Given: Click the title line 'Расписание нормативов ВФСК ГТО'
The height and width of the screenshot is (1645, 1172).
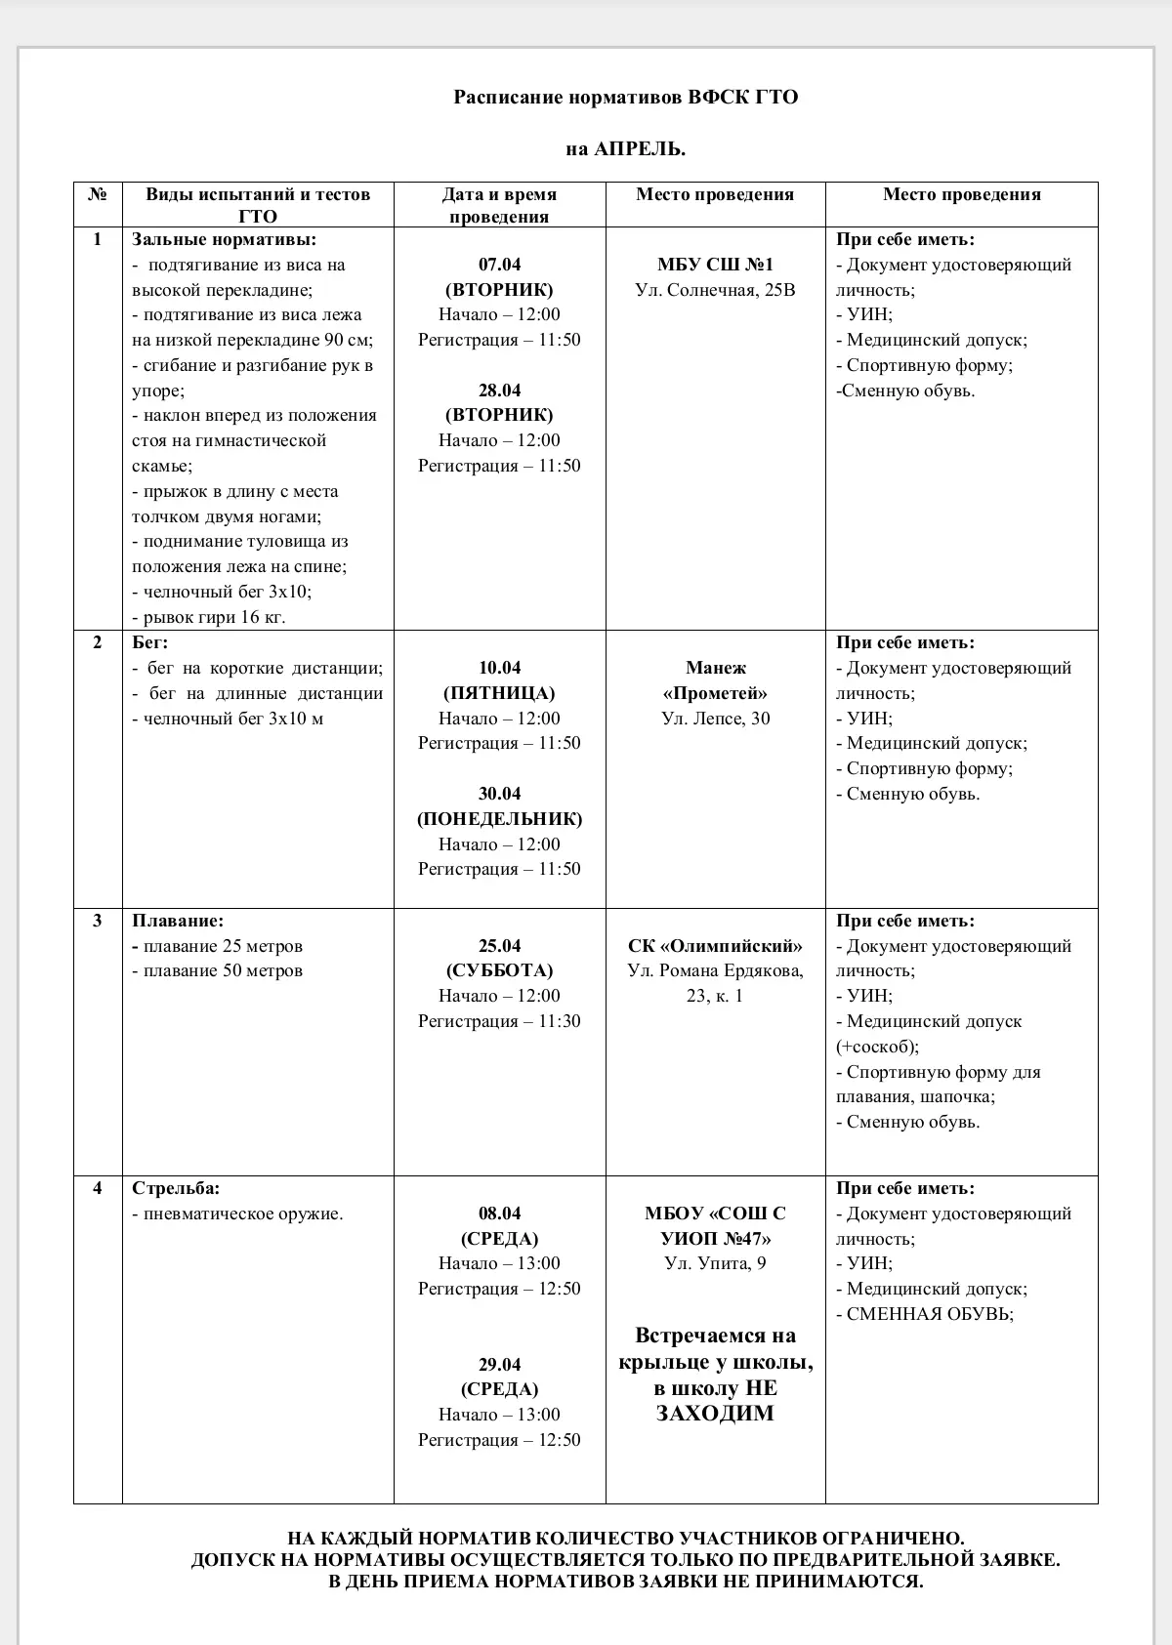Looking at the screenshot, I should [x=625, y=98].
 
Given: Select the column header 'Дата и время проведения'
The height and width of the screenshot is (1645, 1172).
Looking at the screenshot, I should [x=499, y=205].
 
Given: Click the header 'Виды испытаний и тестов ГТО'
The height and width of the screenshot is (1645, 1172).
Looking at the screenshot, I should [x=258, y=205].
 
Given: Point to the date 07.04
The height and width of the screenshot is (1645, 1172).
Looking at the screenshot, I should [x=499, y=265].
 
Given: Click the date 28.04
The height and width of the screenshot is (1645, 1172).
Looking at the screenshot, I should [x=499, y=391].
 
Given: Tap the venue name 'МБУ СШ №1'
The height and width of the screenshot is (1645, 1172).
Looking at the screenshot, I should [x=715, y=265].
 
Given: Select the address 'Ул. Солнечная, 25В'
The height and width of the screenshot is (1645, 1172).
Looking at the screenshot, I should [x=715, y=290].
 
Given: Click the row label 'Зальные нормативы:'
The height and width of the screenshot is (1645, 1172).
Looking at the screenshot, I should [x=225, y=239].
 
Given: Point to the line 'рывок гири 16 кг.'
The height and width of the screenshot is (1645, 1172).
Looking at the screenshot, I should [x=214, y=617].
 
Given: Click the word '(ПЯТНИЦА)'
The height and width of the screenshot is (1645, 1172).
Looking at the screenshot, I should [x=499, y=693].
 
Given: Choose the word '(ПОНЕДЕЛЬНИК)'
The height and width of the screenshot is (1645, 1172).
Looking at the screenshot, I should [x=499, y=819].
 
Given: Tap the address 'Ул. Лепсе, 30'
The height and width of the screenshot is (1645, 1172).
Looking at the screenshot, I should [x=715, y=719].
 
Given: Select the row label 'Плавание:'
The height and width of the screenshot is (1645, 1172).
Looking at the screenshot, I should [x=178, y=921].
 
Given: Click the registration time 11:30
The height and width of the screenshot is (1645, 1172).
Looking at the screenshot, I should [x=559, y=1021].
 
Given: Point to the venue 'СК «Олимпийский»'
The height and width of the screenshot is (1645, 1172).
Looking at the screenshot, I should [x=715, y=946].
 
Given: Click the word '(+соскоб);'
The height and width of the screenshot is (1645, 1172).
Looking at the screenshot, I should [x=877, y=1047].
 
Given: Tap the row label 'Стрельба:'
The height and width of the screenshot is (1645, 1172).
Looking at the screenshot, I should [x=176, y=1188].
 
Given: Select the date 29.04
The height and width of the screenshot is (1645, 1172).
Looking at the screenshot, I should [x=499, y=1365].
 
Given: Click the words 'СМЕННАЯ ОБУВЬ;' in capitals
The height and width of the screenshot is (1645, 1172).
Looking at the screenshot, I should [x=930, y=1314].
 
